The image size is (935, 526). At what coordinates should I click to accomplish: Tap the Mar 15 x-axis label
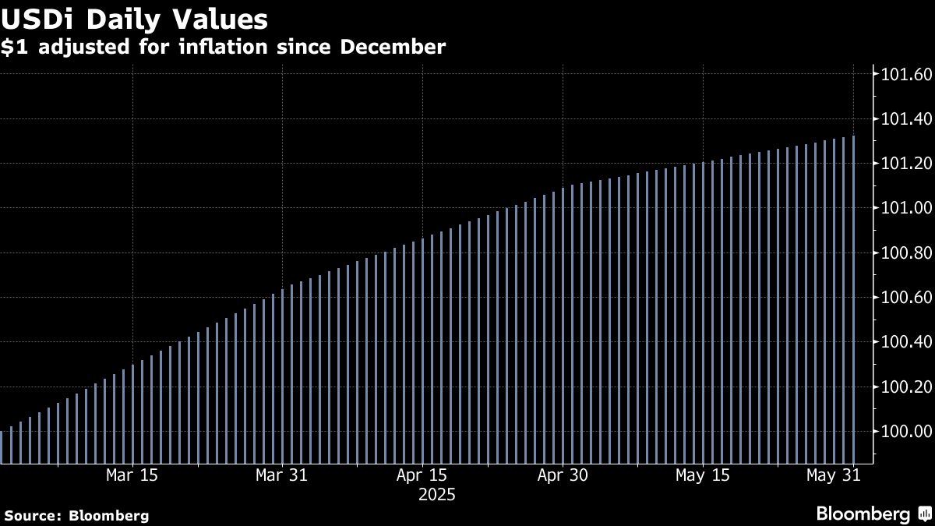click(x=132, y=475)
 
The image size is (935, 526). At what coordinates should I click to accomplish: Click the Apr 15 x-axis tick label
click(x=422, y=475)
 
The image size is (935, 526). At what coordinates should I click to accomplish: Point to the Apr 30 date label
click(x=562, y=475)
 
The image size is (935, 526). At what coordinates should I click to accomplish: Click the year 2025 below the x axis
click(x=437, y=495)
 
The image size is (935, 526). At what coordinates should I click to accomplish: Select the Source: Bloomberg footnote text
click(x=76, y=515)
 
